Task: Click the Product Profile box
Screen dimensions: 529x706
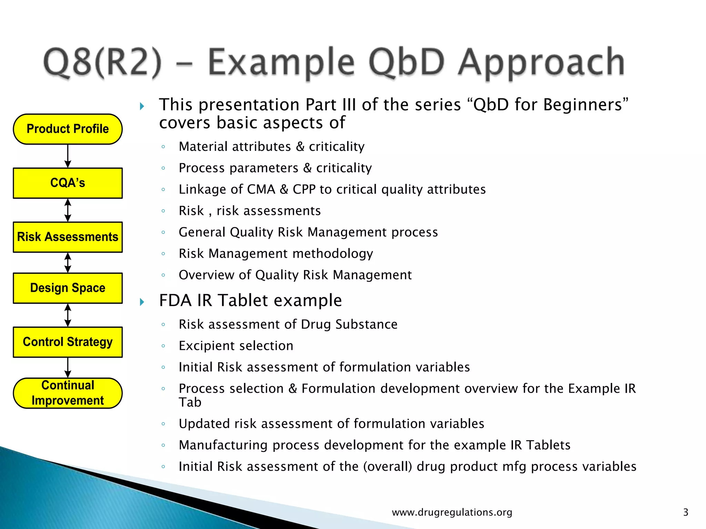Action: click(x=68, y=129)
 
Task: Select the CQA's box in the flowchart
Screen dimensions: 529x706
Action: click(x=68, y=183)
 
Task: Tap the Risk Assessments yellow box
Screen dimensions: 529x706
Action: click(x=68, y=237)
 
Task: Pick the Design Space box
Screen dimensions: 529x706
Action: click(x=68, y=288)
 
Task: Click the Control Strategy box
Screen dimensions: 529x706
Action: click(x=68, y=342)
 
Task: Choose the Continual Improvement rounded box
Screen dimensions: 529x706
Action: click(x=68, y=393)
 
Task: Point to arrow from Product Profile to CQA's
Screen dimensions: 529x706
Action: click(x=68, y=156)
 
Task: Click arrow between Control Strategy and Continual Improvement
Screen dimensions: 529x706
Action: click(x=68, y=367)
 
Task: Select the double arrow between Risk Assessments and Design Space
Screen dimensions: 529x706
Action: click(x=68, y=263)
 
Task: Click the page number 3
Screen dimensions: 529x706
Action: click(x=685, y=512)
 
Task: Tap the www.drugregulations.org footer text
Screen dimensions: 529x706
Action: click(x=452, y=512)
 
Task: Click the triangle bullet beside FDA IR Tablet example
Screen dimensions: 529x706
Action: click(x=142, y=302)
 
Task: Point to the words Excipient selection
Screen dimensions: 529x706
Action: click(x=236, y=346)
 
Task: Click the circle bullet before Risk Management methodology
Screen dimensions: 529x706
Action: click(x=163, y=254)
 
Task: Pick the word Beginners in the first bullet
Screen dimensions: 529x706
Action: click(x=583, y=105)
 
